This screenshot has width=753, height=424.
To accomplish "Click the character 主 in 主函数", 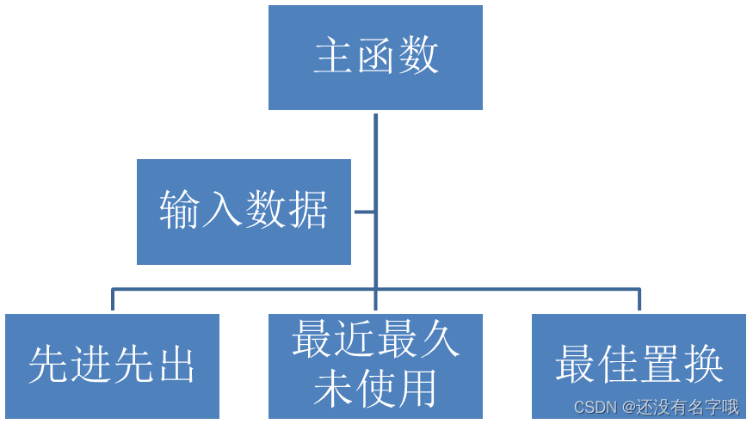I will (x=333, y=57).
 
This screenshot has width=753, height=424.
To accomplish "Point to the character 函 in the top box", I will (x=376, y=57).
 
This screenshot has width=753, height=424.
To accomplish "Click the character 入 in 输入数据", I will (x=222, y=210).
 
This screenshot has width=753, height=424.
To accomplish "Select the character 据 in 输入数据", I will (x=307, y=210).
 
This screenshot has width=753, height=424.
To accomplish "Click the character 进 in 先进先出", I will (x=91, y=365).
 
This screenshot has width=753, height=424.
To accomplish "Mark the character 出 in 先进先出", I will (x=176, y=365).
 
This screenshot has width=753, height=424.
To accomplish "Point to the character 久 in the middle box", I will (x=439, y=341).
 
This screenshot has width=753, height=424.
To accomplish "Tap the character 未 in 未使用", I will (x=333, y=388).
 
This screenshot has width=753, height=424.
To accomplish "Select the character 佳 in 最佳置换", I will (x=618, y=365).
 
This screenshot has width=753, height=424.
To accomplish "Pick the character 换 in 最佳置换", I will (x=702, y=365).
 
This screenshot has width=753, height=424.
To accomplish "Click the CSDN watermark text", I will (x=656, y=407).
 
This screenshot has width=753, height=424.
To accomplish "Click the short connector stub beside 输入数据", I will (x=365, y=212).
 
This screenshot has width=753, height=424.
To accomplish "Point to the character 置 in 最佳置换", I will (x=660, y=365).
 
